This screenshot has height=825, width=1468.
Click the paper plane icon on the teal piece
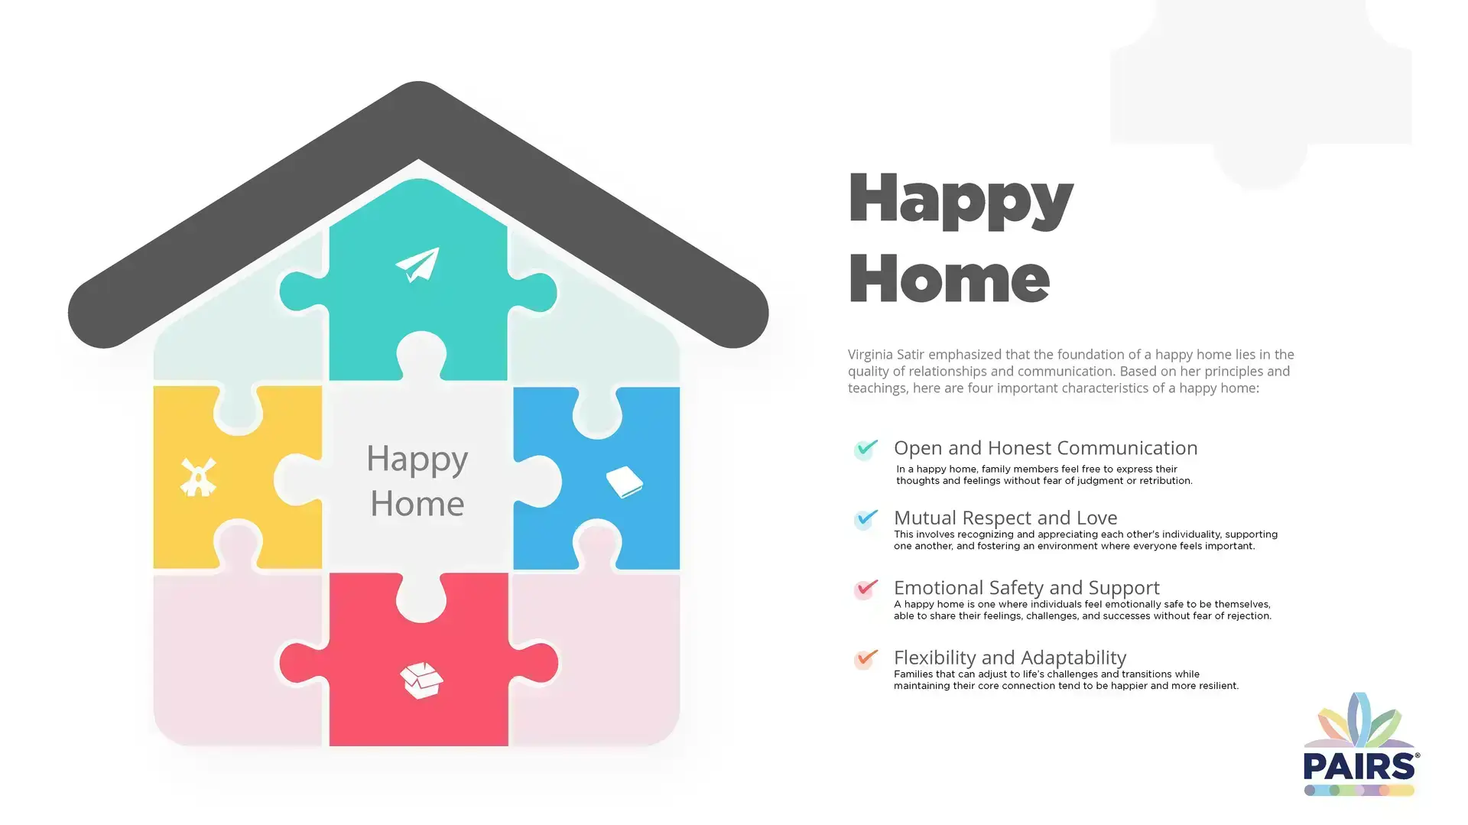coord(417,265)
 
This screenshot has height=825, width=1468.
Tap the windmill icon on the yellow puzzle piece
coord(198,477)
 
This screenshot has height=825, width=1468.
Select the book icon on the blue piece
coord(624,482)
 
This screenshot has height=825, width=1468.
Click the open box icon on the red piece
coord(421,680)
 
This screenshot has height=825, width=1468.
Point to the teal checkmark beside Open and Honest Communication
coord(866,448)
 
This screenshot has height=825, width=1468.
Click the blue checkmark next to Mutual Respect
coord(866,518)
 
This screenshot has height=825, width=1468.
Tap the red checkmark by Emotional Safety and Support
coord(866,589)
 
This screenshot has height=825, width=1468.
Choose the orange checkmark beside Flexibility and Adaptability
coord(866,658)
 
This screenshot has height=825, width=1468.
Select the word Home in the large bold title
coord(948,279)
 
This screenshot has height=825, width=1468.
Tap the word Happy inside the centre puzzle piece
coord(417,460)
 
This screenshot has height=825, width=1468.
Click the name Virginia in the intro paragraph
coord(869,355)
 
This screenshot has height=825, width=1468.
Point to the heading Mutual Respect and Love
coord(1005,518)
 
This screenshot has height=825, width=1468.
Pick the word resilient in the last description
coord(1214,686)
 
